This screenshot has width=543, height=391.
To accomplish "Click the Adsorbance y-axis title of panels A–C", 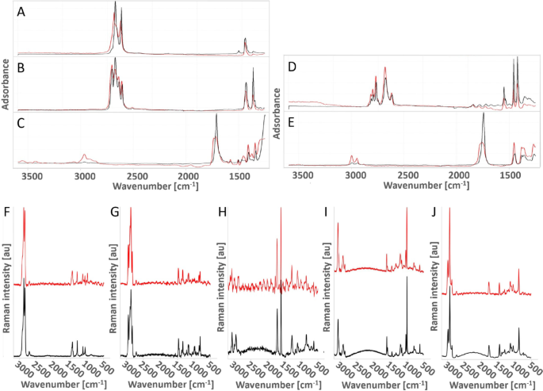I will (x=6, y=84).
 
